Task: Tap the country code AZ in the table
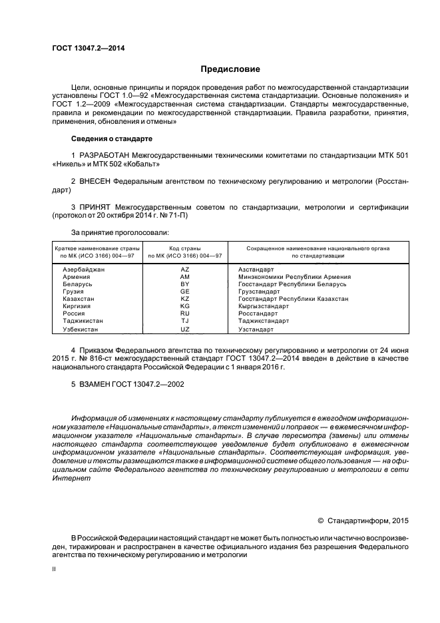coord(185,269)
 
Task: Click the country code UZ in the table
coord(185,329)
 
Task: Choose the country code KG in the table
coord(185,306)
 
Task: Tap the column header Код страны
coord(185,248)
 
